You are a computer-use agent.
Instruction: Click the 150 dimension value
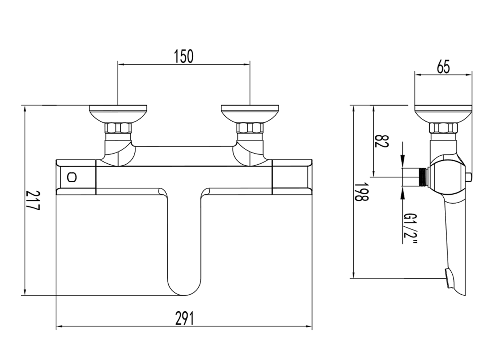(184, 57)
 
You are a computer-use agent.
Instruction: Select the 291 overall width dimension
(185, 318)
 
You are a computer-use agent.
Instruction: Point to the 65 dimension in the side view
(443, 67)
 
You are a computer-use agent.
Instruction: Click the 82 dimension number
(382, 141)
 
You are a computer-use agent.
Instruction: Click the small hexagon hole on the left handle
(72, 177)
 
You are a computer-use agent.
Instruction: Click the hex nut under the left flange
(118, 128)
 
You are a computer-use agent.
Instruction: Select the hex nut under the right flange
(250, 128)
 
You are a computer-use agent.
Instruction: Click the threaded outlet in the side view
(421, 177)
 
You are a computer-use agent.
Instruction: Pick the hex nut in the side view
(443, 128)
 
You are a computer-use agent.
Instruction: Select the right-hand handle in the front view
(292, 177)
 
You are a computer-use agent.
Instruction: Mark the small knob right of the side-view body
(469, 177)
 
